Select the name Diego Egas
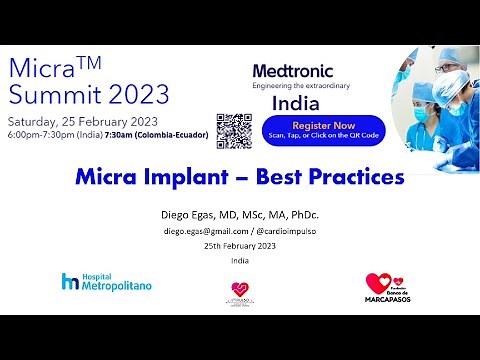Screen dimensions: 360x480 189,215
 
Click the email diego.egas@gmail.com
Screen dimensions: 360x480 206,231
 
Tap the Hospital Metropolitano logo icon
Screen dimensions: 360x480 69,281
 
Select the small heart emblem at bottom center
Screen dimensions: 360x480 239,287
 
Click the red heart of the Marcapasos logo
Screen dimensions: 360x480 378,283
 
